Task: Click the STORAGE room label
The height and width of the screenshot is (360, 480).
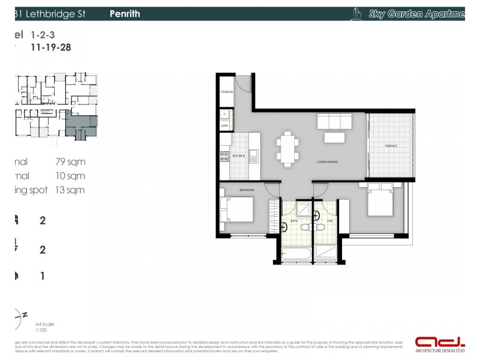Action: click(x=226, y=92)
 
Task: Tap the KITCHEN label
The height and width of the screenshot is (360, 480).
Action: click(x=239, y=155)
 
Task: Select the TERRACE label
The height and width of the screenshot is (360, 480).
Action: click(x=391, y=146)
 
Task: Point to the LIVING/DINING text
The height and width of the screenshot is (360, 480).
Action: click(x=329, y=161)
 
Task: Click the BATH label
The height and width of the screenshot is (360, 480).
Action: click(x=295, y=221)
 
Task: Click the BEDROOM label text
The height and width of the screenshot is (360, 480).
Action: click(x=247, y=190)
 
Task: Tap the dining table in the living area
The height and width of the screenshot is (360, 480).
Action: click(x=287, y=148)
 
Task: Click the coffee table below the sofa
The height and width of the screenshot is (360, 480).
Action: click(x=335, y=137)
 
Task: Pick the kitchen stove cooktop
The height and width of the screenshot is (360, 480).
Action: click(x=225, y=156)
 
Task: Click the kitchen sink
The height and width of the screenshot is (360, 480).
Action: click(x=254, y=157)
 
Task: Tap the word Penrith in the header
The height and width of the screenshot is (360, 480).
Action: click(x=125, y=13)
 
